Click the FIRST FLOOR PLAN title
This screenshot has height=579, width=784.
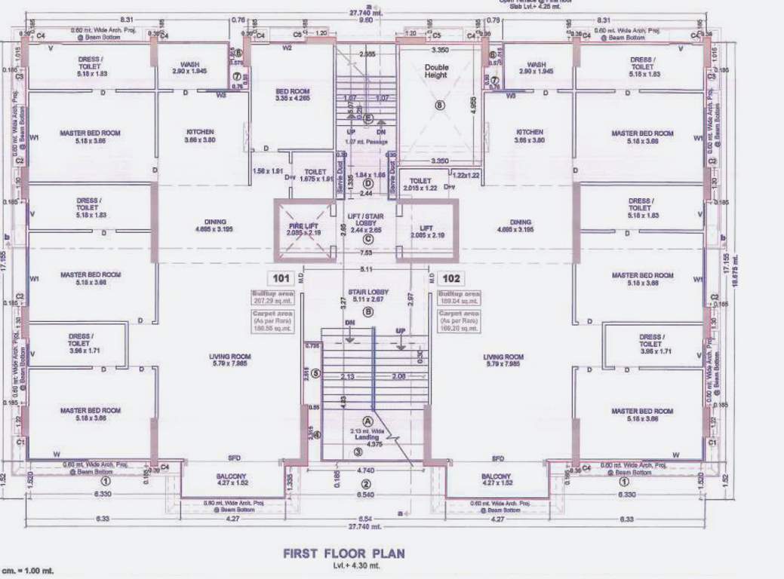coord(343,553)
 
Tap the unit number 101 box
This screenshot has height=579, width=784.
coord(283,277)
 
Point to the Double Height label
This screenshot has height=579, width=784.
coord(435,71)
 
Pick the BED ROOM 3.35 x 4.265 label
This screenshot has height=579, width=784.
coord(293,95)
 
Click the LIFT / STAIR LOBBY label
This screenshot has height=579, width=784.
coord(368,222)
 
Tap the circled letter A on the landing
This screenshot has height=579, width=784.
coord(368,421)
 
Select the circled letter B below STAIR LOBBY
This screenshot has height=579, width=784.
coord(368,311)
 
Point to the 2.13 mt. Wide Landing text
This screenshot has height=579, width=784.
coord(369,435)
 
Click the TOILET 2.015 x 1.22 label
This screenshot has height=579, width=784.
coord(420,184)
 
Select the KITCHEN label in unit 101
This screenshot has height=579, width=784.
coord(200,136)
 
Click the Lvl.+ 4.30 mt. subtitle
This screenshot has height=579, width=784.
coord(343,565)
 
